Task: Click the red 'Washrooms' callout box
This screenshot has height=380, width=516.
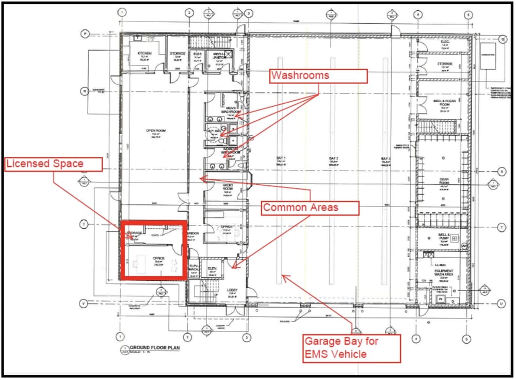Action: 318,75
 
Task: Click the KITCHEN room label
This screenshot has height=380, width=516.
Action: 143,54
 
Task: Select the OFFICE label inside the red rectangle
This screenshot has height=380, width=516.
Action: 158,258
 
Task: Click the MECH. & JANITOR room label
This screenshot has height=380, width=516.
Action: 219,55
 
